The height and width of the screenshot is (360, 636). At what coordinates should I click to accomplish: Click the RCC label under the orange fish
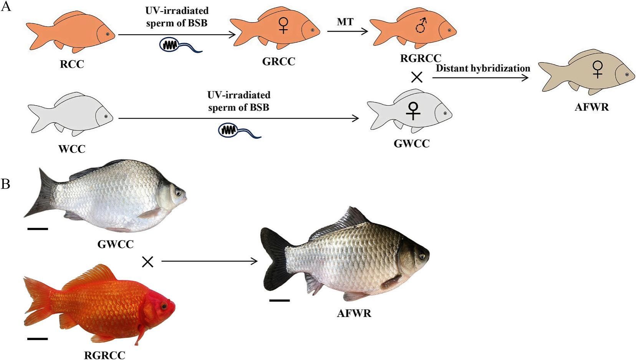72,64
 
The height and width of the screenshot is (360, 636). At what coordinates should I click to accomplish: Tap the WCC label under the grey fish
72,149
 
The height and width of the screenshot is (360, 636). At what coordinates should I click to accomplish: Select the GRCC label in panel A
278,61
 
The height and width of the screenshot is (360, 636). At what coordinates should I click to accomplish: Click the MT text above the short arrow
345,22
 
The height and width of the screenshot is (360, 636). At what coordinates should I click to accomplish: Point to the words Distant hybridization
483,69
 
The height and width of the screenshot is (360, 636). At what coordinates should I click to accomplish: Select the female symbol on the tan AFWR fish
598,70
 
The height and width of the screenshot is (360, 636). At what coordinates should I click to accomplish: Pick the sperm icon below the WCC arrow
239,131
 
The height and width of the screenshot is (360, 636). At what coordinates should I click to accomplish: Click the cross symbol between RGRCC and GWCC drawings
417,78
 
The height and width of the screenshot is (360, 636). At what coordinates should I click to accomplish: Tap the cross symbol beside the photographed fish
147,262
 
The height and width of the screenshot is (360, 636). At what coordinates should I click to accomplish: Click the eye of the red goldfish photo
164,307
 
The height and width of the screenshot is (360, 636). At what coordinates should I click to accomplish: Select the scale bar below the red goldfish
38,339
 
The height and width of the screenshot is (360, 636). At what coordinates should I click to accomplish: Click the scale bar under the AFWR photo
279,300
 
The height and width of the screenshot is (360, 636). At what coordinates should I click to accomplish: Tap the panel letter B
5,184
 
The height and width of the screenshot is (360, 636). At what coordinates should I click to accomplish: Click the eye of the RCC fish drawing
108,34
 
